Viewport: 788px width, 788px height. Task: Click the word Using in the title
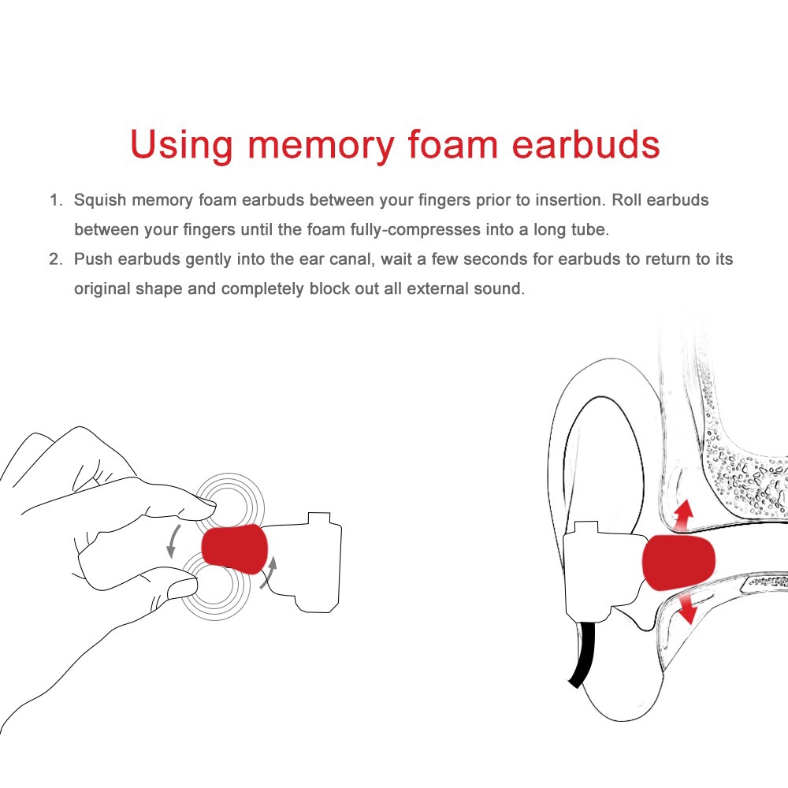(181, 146)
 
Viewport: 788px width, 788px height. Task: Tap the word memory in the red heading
(322, 147)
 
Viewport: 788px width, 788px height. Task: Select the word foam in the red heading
(452, 145)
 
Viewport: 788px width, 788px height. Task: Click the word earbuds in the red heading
(585, 145)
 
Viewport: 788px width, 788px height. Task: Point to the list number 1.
(55, 200)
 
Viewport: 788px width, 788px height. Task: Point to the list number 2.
(55, 258)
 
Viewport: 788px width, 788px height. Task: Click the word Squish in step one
(100, 200)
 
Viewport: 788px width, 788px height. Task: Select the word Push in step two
(94, 258)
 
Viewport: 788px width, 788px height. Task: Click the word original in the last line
(102, 289)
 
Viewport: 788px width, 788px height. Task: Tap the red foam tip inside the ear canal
(678, 562)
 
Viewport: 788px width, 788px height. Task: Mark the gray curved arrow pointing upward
(269, 572)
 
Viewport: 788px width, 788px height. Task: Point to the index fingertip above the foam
(203, 508)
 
